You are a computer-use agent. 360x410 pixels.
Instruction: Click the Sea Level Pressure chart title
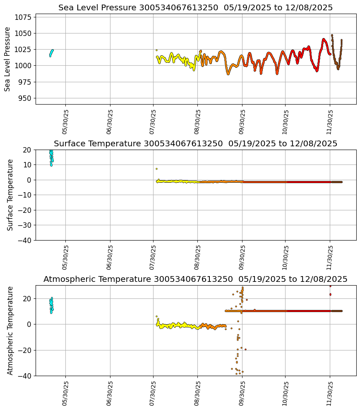point(195,8)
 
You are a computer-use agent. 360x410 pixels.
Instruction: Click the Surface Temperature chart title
point(195,144)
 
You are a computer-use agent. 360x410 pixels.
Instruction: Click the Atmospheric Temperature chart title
point(195,279)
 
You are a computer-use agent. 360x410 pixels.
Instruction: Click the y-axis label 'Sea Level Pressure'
point(7,59)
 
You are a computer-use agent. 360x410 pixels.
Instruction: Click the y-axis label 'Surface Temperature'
point(10,195)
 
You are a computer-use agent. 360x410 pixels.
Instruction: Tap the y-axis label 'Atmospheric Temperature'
point(10,330)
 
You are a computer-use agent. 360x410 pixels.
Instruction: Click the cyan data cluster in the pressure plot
point(51,52)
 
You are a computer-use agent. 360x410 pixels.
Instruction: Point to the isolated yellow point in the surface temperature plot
point(156,169)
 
